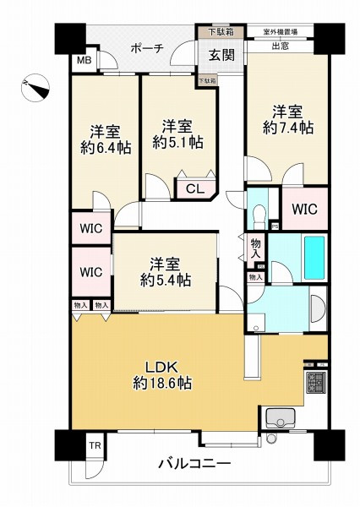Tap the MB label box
85,61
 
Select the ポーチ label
146,48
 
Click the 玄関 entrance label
222,56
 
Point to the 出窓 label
281,46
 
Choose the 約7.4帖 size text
286,128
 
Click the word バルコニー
193,463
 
